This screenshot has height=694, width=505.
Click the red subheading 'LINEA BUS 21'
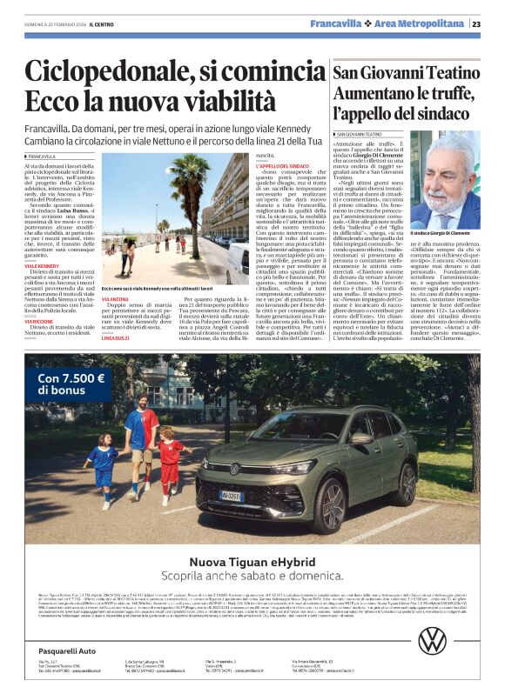115,337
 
